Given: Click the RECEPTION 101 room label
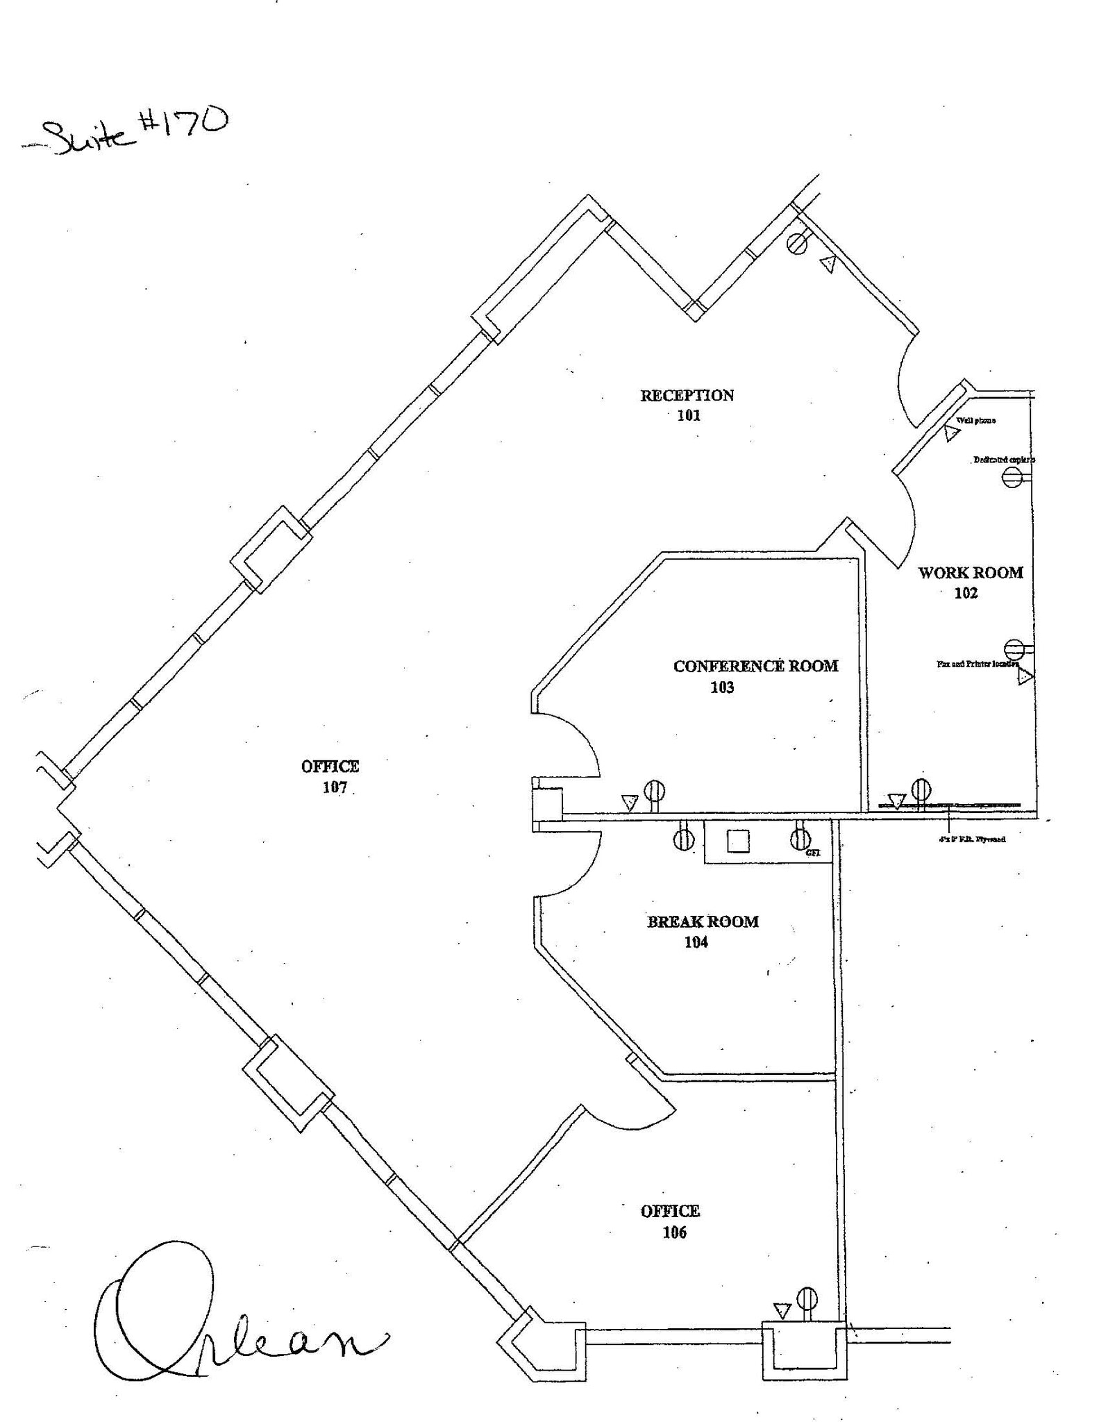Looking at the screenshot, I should click(687, 405).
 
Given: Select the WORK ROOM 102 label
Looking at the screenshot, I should click(970, 582).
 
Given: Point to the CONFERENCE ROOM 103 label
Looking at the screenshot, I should click(755, 676).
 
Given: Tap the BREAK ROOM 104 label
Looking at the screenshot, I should click(702, 931).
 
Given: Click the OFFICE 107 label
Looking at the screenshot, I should click(330, 776).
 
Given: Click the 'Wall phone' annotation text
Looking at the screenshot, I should click(976, 421).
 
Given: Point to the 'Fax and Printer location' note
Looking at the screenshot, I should click(977, 664).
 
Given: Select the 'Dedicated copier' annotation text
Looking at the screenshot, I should click(1003, 460).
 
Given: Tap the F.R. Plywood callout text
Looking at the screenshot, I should click(971, 839).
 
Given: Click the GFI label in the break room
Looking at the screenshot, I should click(814, 853).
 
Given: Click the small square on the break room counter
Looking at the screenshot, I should click(738, 841).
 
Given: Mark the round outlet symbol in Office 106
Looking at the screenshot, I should click(807, 1297).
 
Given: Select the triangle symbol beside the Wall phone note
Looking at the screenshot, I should click(952, 433).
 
